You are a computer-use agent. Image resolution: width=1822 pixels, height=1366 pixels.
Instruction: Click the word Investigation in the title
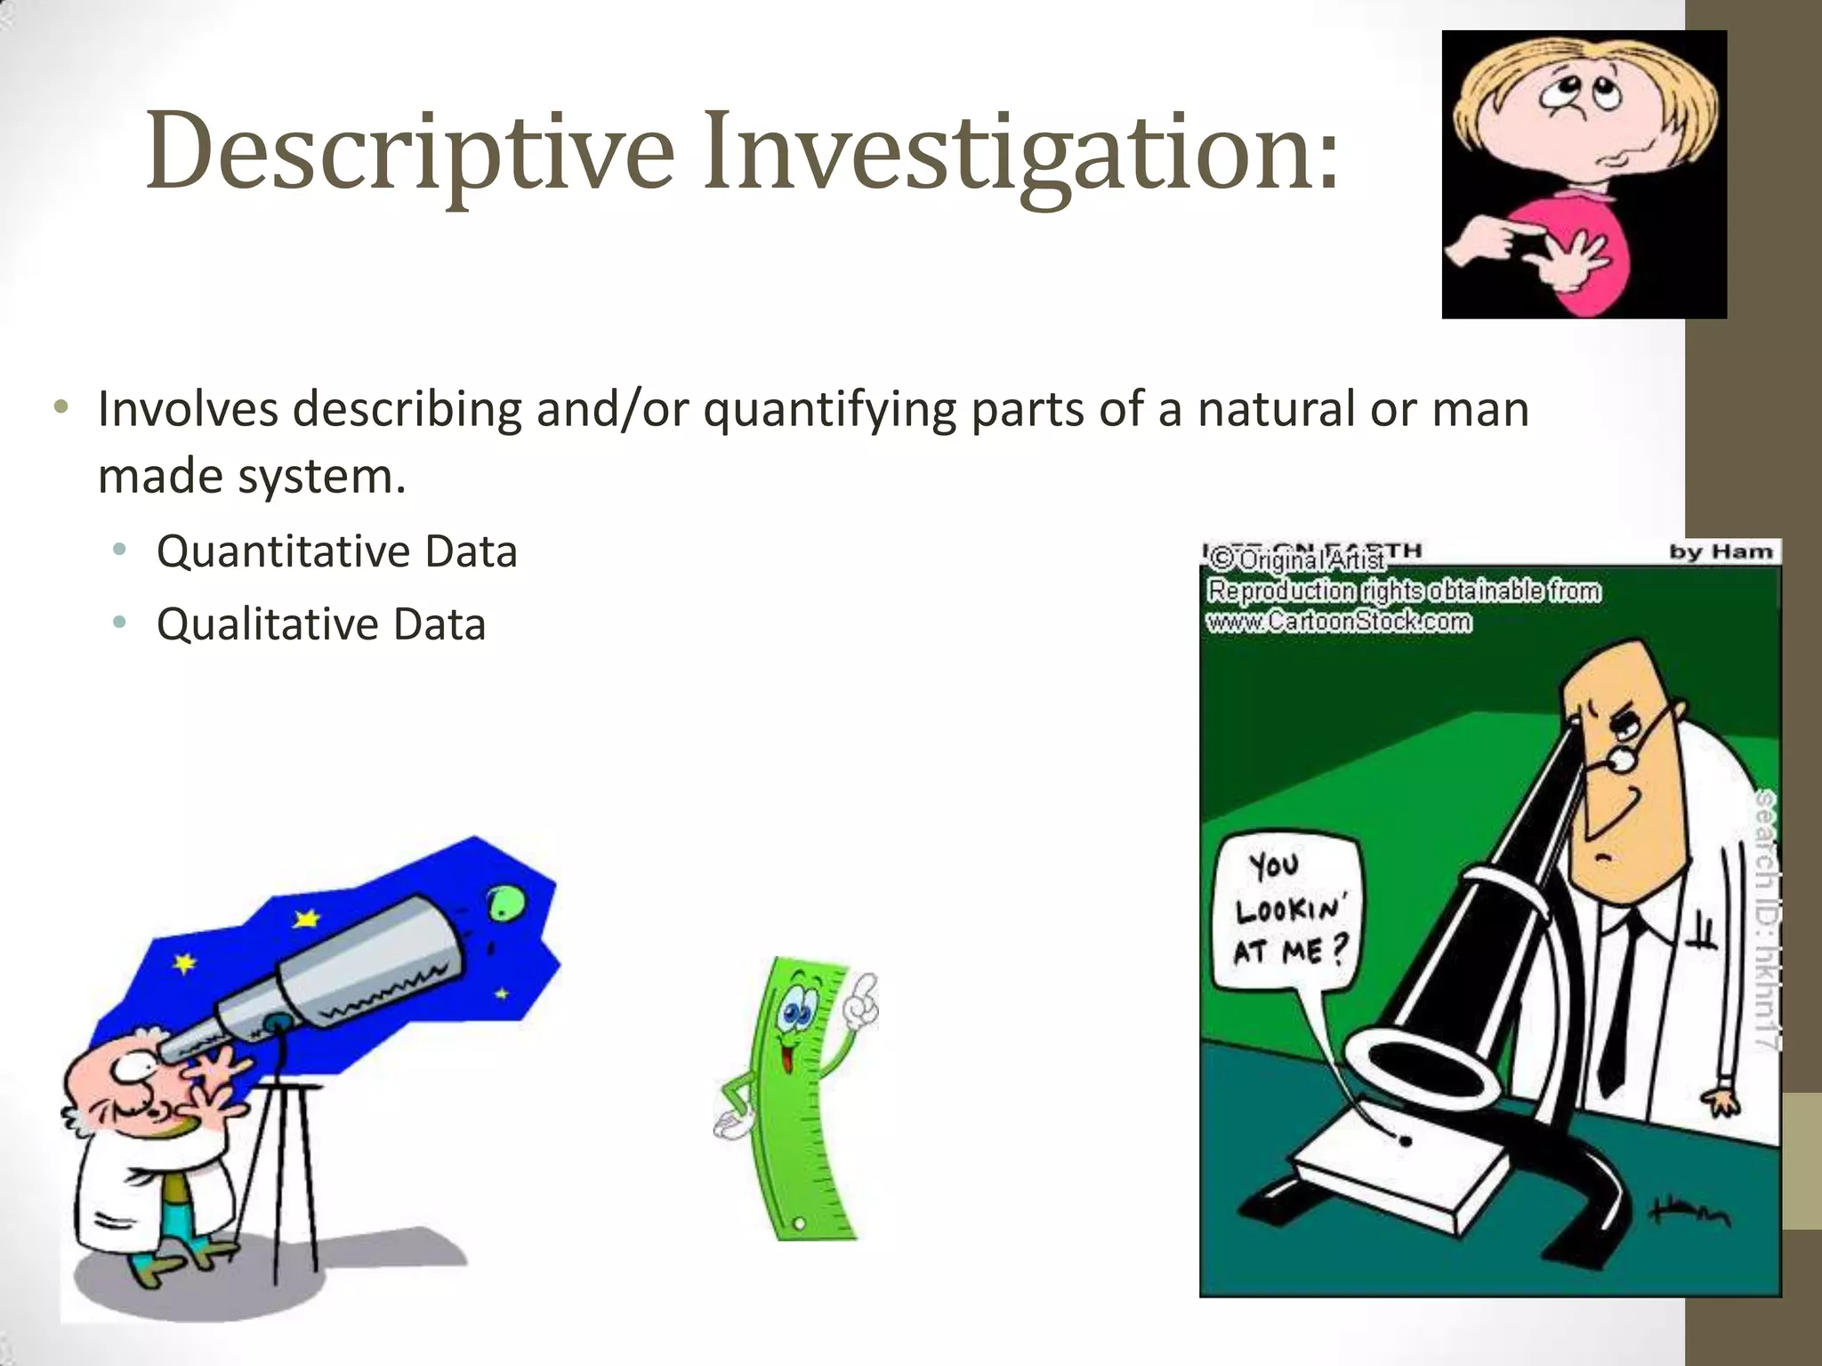tap(1020, 153)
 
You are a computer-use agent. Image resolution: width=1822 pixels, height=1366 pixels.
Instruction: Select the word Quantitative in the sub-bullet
tap(282, 553)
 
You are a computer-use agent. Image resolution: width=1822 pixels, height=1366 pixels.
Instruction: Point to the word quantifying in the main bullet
tap(829, 411)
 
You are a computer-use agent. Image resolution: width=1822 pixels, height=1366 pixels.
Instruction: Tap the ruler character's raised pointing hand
tap(860, 1000)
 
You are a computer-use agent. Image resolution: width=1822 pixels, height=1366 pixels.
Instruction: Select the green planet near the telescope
tap(504, 904)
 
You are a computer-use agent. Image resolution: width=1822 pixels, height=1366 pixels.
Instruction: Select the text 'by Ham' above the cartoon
tap(1721, 552)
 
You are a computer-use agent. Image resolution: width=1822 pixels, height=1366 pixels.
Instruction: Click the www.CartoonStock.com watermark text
tap(1338, 622)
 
